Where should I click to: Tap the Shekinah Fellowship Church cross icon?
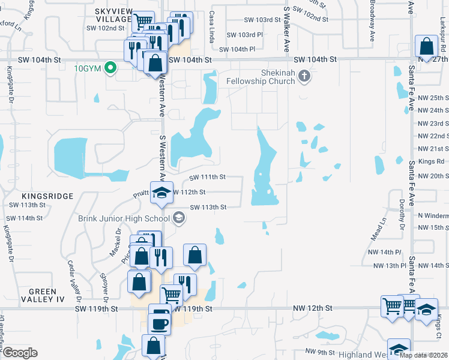(305, 76)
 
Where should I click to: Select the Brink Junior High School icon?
(178, 218)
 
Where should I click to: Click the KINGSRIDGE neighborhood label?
(47, 196)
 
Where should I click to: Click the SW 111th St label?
(208, 177)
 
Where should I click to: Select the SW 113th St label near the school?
(208, 207)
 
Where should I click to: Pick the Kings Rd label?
(432, 161)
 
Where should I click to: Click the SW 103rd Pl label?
(244, 35)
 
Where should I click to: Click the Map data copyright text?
(424, 355)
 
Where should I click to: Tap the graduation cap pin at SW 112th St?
(161, 193)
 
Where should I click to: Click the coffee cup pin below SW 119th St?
(160, 324)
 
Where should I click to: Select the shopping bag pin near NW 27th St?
(426, 47)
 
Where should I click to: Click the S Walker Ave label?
(287, 30)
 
